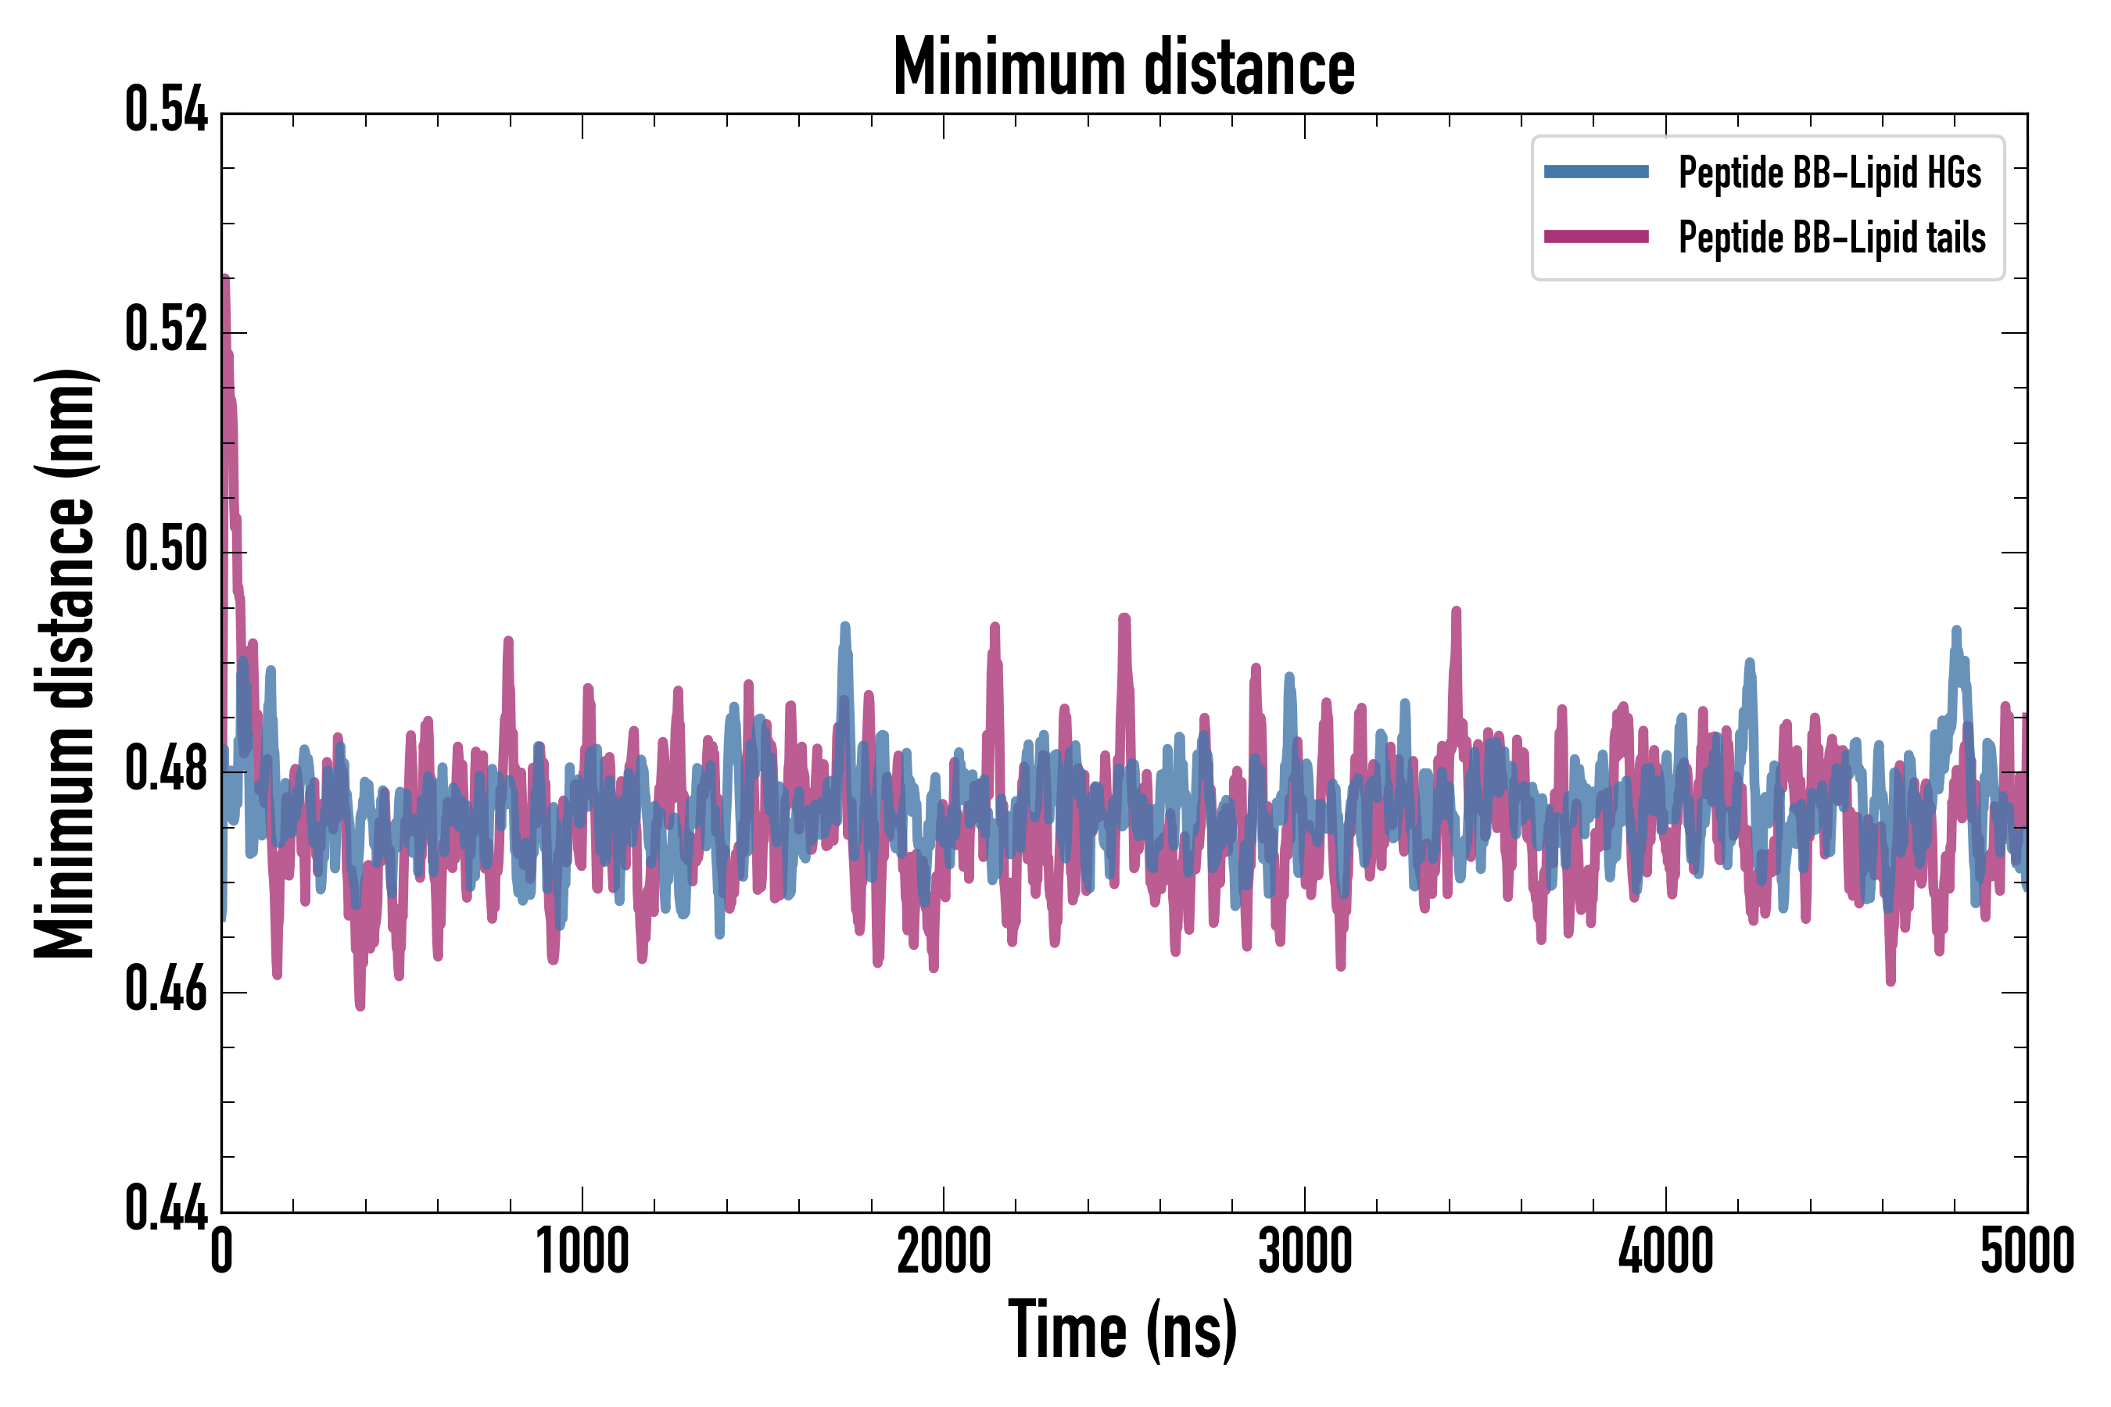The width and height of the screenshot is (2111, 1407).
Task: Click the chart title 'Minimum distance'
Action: pyautogui.click(x=1124, y=68)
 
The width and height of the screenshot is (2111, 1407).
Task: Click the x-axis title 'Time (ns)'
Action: pyautogui.click(x=1123, y=1330)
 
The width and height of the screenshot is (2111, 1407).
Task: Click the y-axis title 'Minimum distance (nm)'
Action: pyautogui.click(x=65, y=664)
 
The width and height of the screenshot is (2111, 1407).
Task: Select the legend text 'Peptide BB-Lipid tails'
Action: pyautogui.click(x=1832, y=238)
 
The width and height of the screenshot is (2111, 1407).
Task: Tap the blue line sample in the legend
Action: pyautogui.click(x=1596, y=172)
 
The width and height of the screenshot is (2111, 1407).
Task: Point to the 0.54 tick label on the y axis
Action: pyautogui.click(x=166, y=111)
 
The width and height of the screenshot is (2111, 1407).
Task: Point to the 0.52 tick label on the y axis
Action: pyautogui.click(x=166, y=329)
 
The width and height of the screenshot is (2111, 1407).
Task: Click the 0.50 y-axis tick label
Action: pyautogui.click(x=166, y=550)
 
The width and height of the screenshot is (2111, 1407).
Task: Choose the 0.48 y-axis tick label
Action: pyautogui.click(x=166, y=769)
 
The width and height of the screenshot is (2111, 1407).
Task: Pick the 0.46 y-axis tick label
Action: pyautogui.click(x=166, y=989)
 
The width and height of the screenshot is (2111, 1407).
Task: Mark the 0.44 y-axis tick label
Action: pyautogui.click(x=166, y=1208)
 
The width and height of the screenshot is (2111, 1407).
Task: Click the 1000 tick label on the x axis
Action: pyautogui.click(x=582, y=1251)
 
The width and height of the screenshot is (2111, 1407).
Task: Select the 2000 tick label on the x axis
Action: pyautogui.click(x=944, y=1251)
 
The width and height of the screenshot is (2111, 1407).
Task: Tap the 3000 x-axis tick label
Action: pyautogui.click(x=1304, y=1251)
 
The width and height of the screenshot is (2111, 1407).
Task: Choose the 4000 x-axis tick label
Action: pyautogui.click(x=1666, y=1251)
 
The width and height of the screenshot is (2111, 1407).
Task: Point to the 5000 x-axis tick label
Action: pyautogui.click(x=2027, y=1251)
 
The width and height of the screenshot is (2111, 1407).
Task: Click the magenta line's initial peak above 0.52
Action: pyautogui.click(x=225, y=280)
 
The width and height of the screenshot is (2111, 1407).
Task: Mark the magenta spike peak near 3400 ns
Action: pyautogui.click(x=1456, y=612)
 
